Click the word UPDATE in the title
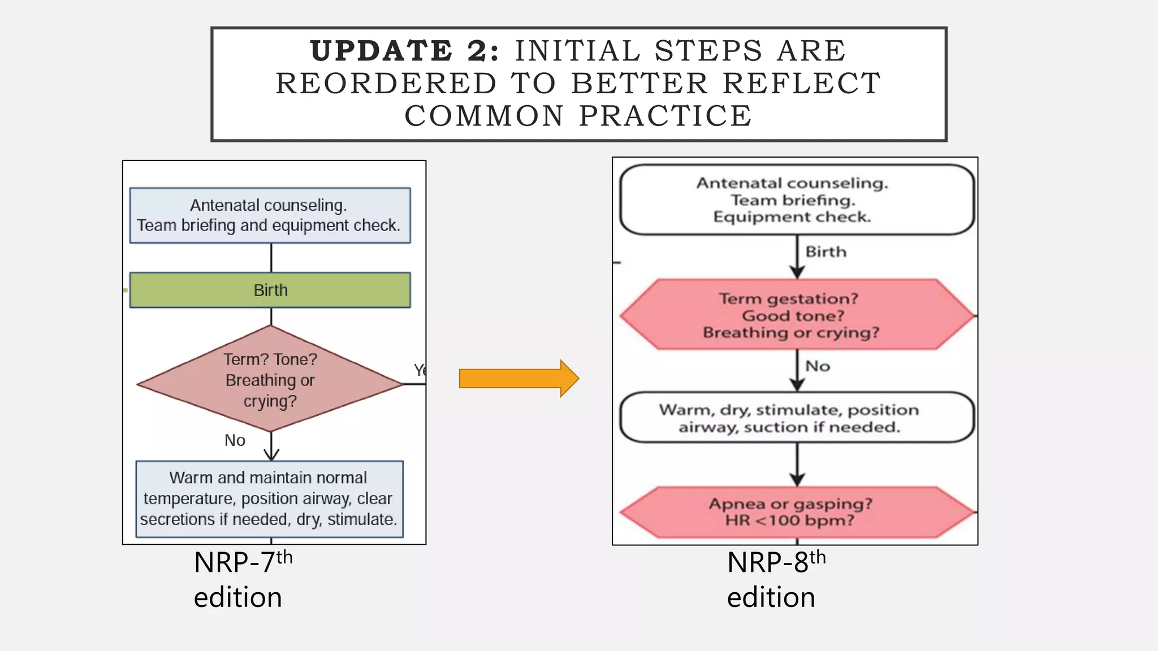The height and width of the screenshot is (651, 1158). coord(381,51)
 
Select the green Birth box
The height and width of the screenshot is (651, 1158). coord(270,290)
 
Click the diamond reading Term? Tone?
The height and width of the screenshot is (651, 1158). coord(270,380)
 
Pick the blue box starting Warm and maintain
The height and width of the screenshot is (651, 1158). coord(269,498)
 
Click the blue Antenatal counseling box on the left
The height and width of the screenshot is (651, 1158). coord(270,215)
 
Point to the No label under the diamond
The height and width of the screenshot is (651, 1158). coord(235,440)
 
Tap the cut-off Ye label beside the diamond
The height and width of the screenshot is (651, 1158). coord(420,370)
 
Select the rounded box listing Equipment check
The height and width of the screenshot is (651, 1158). coord(797,200)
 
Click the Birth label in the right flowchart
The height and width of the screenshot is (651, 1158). coord(826,251)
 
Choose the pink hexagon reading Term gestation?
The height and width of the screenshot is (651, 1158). coord(797,315)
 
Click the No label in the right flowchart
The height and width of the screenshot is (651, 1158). coord(818,366)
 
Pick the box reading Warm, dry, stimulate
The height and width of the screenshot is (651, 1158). coord(797,418)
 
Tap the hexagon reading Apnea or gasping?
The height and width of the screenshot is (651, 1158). coord(797,512)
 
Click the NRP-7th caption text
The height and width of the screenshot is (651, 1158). coord(243,562)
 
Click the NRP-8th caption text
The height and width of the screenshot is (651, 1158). coord(776,562)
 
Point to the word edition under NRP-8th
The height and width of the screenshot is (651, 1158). coord(771,598)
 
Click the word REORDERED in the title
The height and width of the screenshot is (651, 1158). coord(386,84)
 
